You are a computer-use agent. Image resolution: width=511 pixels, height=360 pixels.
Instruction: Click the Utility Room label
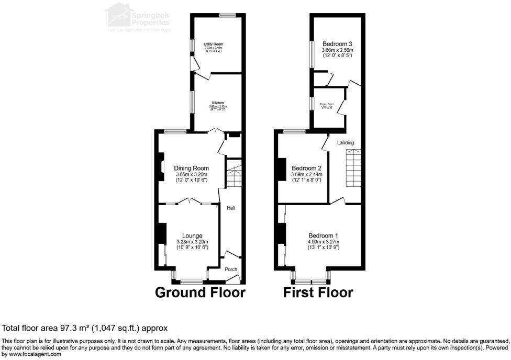(214, 44)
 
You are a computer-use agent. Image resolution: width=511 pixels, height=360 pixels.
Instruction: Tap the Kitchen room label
(218, 103)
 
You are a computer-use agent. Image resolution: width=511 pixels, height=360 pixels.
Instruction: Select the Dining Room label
(192, 168)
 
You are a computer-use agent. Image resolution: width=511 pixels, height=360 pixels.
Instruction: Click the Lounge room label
(192, 235)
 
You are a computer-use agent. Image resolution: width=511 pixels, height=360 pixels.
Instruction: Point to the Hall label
(231, 208)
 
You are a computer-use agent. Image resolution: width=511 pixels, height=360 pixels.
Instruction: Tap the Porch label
(231, 269)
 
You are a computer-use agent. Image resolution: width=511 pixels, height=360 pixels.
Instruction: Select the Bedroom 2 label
(306, 168)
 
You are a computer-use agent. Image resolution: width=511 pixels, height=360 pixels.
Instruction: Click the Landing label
(346, 142)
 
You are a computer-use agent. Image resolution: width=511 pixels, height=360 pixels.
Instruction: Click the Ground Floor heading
(200, 292)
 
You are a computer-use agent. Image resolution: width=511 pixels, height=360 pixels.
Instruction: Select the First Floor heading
(318, 292)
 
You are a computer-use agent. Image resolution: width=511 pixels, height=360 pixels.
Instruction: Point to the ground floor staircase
(234, 176)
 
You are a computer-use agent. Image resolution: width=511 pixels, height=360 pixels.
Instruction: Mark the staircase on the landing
(353, 166)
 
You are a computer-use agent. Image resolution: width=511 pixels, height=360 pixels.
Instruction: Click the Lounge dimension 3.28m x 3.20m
(192, 242)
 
